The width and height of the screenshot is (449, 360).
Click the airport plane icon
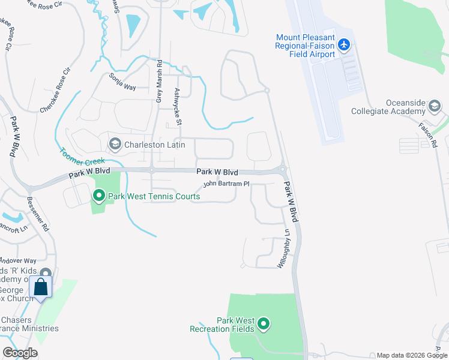tap(343, 45)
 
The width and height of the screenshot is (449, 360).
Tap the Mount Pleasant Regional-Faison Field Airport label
tap(305, 46)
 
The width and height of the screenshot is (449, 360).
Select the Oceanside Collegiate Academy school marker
tap(434, 107)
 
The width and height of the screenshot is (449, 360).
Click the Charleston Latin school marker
tap(115, 144)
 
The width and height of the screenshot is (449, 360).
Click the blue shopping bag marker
tap(41, 287)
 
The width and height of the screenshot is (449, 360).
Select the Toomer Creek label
tap(82, 156)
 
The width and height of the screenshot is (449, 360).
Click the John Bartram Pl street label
tap(226, 184)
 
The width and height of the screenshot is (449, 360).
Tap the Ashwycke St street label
tap(178, 106)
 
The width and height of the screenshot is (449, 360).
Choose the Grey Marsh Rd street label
tap(159, 80)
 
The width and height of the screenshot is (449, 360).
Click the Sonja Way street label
tap(122, 82)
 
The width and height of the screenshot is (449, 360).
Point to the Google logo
tap(20, 353)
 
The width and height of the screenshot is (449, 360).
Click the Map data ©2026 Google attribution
tap(411, 355)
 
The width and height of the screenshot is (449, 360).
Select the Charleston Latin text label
tap(148, 144)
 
